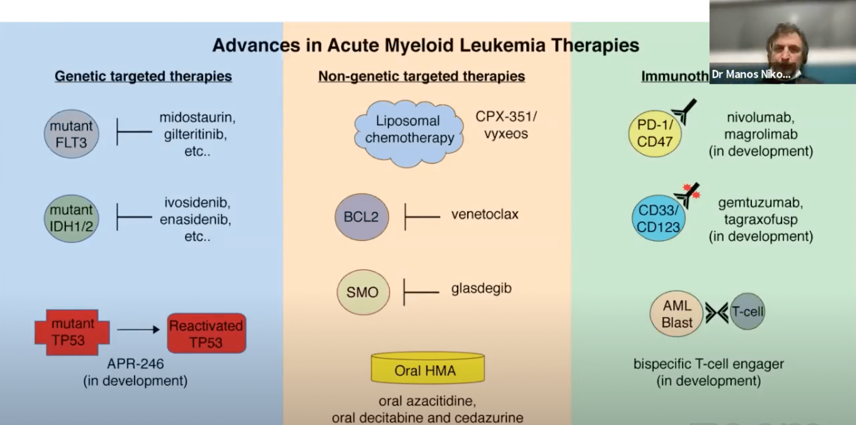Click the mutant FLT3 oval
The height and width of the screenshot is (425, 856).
click(x=71, y=134)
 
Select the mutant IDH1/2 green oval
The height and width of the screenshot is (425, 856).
click(x=71, y=218)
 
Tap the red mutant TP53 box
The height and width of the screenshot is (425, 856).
click(x=72, y=332)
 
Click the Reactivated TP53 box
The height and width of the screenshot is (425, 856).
click(x=206, y=333)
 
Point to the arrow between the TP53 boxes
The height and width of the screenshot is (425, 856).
click(x=138, y=329)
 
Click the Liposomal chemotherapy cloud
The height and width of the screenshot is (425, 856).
click(x=409, y=133)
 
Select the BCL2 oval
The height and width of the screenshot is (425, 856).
click(x=361, y=217)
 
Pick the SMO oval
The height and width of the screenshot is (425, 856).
click(x=363, y=292)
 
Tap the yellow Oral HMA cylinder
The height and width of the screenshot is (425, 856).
click(x=427, y=369)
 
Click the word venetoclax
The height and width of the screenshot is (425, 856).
click(x=484, y=214)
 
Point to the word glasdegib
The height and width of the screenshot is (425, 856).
click(x=481, y=288)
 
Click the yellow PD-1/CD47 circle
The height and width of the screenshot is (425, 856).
click(x=655, y=134)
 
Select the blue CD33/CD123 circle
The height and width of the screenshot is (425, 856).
click(x=658, y=218)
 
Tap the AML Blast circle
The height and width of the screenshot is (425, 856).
click(x=676, y=314)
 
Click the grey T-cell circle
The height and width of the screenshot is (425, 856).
click(x=747, y=311)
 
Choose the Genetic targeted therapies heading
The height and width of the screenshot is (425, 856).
click(x=143, y=76)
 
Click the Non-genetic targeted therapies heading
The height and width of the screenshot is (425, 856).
click(x=421, y=76)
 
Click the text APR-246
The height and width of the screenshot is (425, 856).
click(x=135, y=364)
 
